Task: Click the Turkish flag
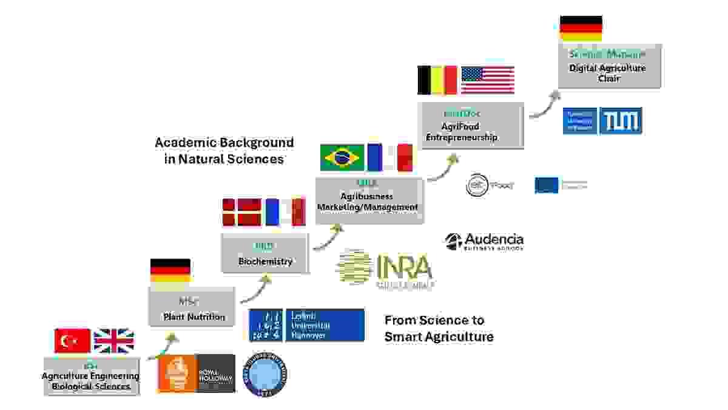72,341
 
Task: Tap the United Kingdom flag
113,341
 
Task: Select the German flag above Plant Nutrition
170,271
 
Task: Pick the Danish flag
241,212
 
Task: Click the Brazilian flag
342,157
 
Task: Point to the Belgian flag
437,80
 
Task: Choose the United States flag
488,80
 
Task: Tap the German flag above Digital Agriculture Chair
581,29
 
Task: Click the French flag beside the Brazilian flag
390,157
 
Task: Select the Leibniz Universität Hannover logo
307,324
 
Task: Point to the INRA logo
385,268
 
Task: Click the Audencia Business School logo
484,241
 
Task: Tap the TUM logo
621,121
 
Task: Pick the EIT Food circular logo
477,185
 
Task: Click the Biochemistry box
265,253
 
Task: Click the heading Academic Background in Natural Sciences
224,151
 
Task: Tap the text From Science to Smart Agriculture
439,328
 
